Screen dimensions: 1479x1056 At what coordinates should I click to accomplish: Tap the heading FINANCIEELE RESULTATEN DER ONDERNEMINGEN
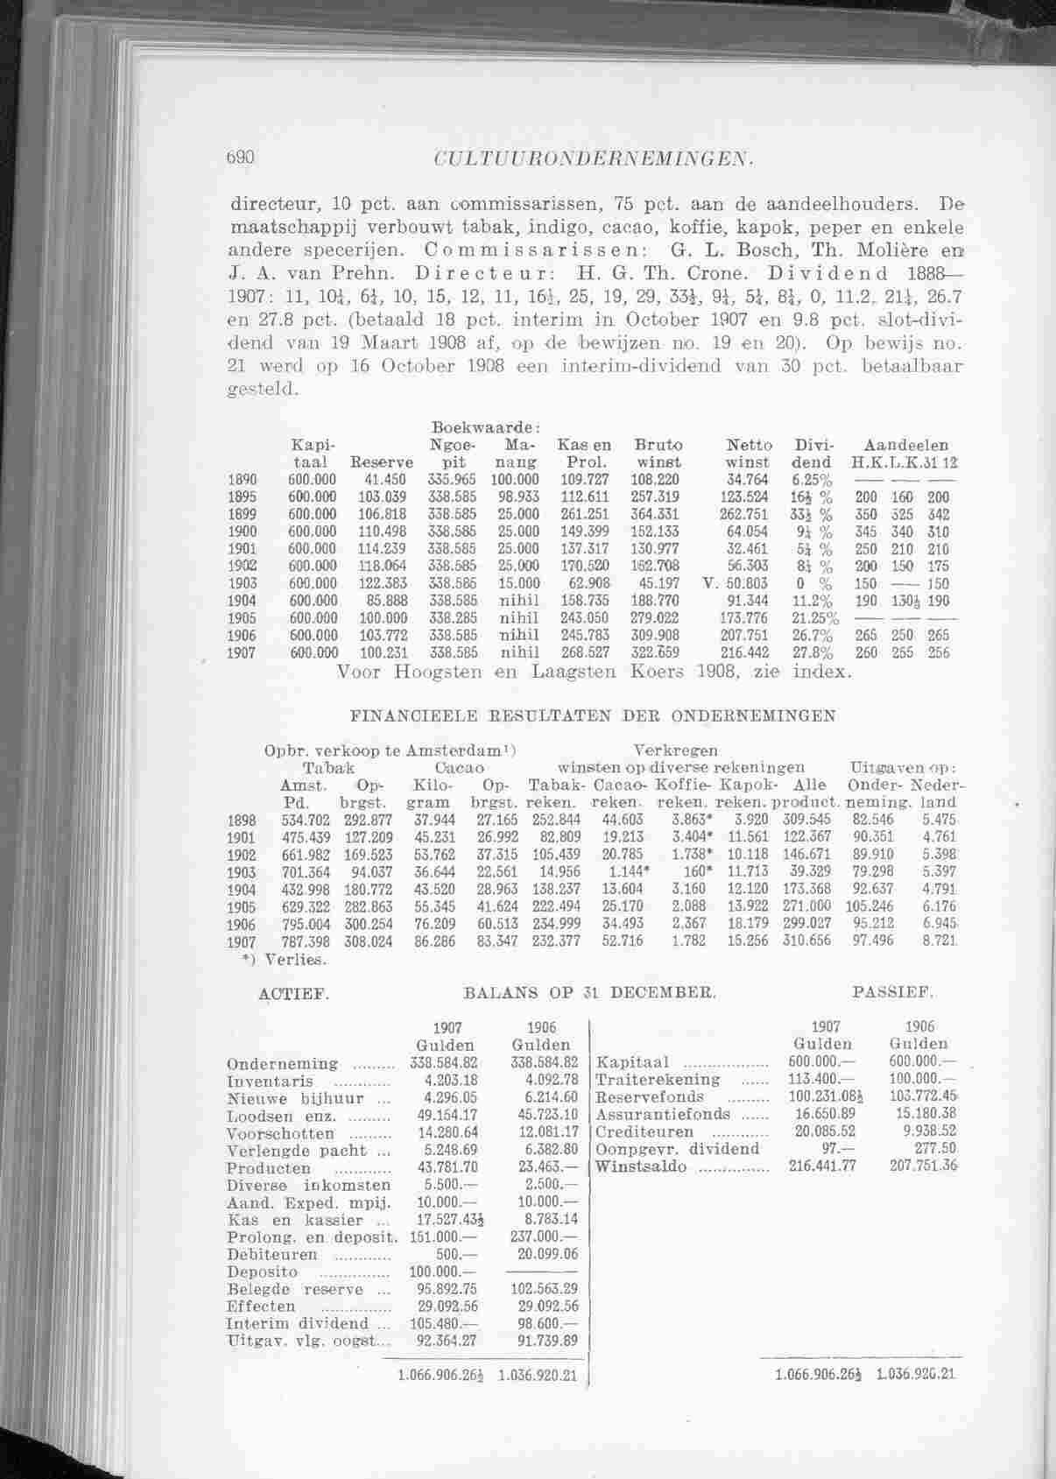pos(593,715)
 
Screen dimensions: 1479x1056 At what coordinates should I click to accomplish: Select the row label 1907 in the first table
pos(241,652)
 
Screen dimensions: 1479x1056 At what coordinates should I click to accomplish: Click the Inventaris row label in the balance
pos(270,1081)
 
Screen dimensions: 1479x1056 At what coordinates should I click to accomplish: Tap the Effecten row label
pos(261,1306)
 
